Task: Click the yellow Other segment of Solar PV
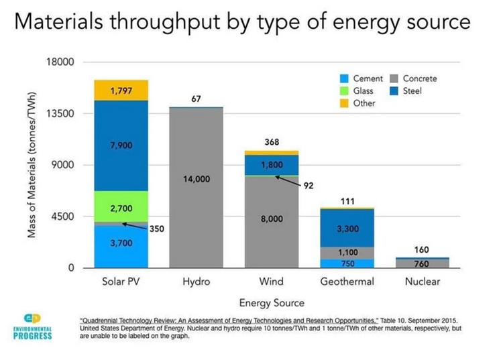pos(121,90)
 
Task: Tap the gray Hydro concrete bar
pos(196,187)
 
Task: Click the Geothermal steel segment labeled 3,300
pos(346,228)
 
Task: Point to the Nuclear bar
pos(422,263)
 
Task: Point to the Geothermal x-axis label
pos(347,282)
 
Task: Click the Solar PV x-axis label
pos(121,282)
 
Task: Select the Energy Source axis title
pos(272,302)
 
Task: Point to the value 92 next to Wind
pos(309,186)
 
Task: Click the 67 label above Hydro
pos(196,99)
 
